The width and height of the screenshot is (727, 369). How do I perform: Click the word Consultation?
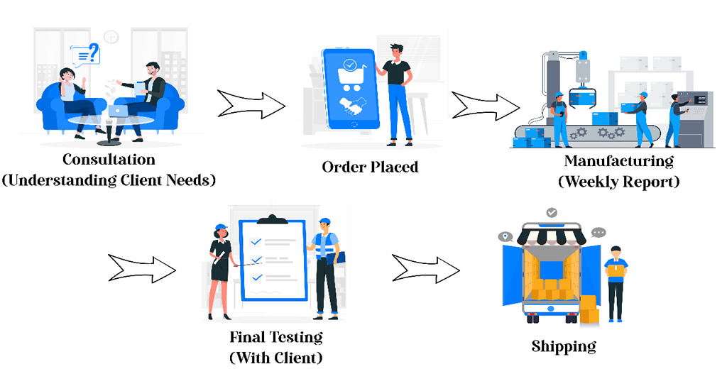[109, 159]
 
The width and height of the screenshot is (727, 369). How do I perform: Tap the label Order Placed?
[370, 167]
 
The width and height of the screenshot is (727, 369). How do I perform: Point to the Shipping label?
[564, 346]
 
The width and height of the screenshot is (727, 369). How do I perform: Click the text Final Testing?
[276, 336]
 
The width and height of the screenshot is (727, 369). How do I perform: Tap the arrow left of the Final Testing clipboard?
[141, 268]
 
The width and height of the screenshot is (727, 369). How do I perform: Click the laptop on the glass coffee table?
[116, 111]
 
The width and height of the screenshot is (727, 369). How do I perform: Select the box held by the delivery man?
[615, 268]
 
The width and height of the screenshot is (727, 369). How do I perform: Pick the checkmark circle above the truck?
[552, 212]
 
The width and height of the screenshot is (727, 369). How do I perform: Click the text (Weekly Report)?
[618, 182]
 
